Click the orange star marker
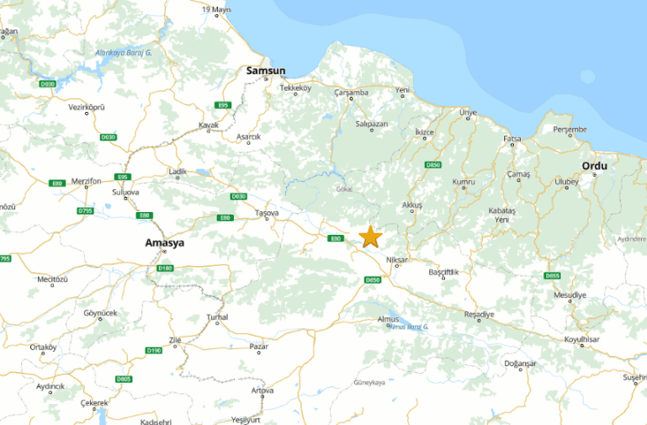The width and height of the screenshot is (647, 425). click(x=370, y=236)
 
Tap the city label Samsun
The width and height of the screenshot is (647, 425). click(x=266, y=71)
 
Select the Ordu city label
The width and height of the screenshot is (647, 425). click(x=594, y=166)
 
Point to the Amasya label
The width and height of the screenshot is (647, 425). click(x=164, y=242)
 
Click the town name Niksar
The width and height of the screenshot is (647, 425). click(x=396, y=260)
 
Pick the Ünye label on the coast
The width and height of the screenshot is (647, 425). click(x=467, y=113)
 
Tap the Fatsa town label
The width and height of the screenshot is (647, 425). click(x=512, y=138)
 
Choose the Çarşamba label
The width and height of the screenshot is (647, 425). click(x=351, y=92)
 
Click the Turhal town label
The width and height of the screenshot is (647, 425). click(x=217, y=317)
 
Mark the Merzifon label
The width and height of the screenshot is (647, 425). click(x=87, y=181)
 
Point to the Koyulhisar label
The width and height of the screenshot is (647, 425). click(x=581, y=339)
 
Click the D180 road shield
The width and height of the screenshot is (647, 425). click(x=165, y=268)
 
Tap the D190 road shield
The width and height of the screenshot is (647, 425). click(x=153, y=350)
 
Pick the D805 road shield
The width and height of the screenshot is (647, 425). click(x=124, y=380)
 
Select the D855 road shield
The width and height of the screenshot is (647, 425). click(x=552, y=275)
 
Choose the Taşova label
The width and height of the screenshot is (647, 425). click(x=267, y=214)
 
